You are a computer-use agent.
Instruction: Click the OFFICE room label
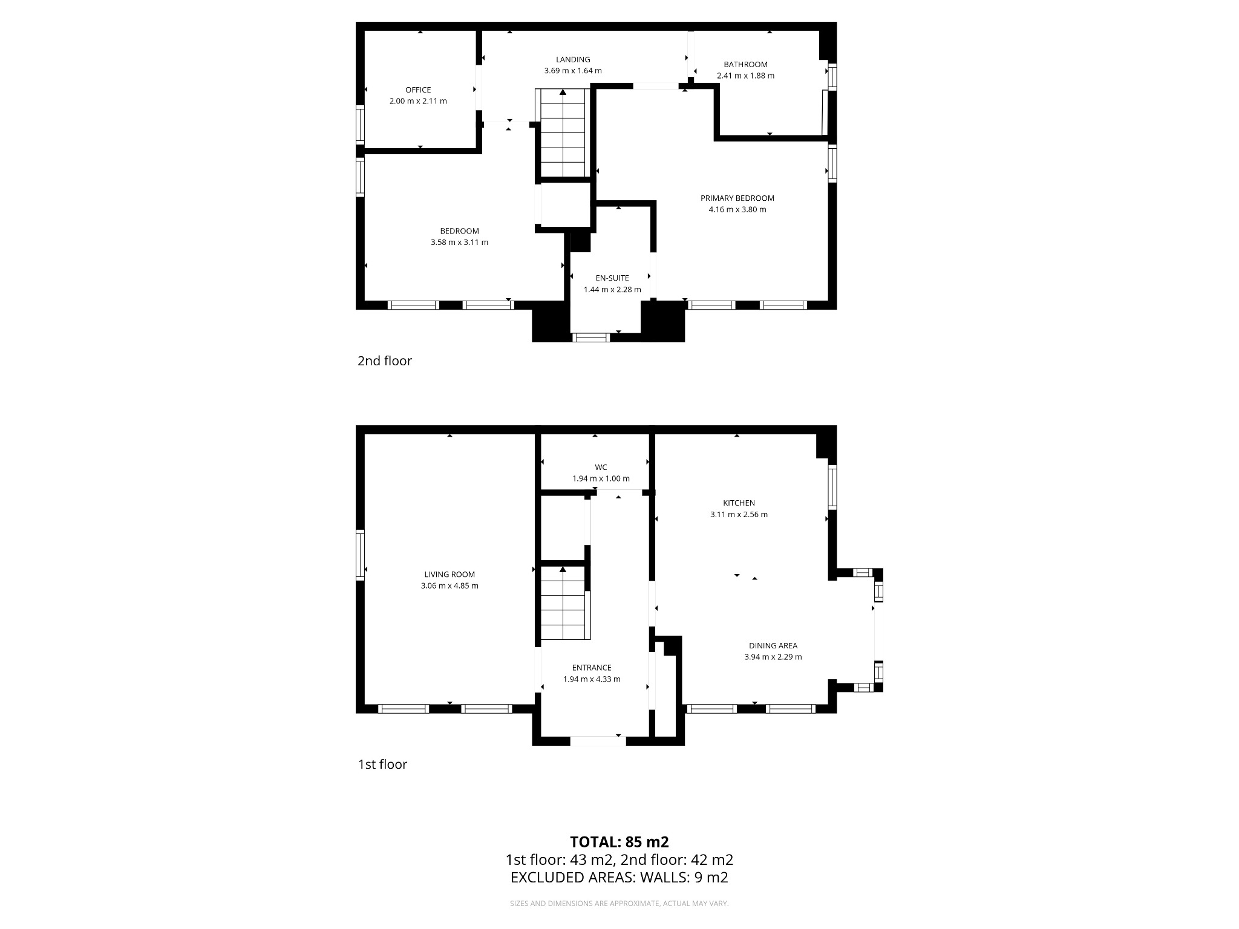418,90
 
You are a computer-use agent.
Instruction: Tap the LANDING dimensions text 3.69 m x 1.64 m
573,71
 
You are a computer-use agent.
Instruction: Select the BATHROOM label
745,64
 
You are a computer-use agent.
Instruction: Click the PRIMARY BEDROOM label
737,198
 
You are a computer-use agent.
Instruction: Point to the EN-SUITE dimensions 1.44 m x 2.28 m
612,290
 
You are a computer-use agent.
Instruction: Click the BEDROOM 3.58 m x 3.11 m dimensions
459,243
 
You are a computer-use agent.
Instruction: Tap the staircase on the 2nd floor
563,133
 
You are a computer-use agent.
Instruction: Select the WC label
601,467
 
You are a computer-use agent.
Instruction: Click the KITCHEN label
739,503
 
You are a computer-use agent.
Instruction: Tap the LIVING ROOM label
450,575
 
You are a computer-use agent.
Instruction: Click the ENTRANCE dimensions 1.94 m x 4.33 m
592,679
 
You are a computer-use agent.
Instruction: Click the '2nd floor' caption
385,361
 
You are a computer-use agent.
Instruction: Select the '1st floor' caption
382,764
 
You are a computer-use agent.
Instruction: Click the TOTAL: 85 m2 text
619,842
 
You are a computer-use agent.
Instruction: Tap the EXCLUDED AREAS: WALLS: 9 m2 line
619,878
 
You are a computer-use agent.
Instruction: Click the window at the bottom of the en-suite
591,337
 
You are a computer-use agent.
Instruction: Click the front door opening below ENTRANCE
598,741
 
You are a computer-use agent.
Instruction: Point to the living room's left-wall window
360,555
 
